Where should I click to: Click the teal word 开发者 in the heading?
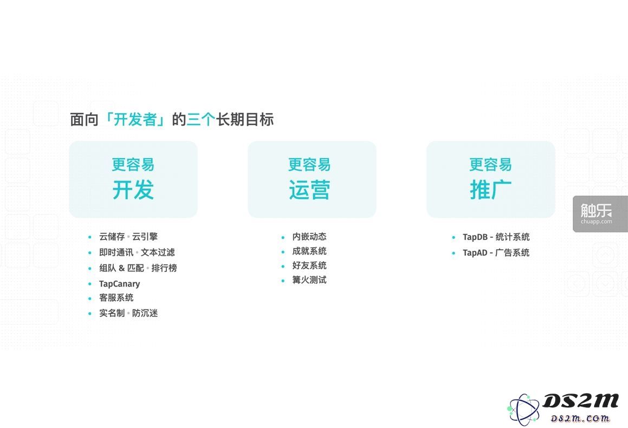(x=135, y=119)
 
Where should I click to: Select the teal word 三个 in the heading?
(x=200, y=119)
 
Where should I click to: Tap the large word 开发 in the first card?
(x=133, y=190)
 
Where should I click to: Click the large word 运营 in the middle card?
(x=309, y=190)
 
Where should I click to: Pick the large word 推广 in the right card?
(x=490, y=190)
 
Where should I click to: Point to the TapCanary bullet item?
(x=119, y=284)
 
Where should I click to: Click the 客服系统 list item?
(x=116, y=297)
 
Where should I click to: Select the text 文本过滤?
(x=158, y=252)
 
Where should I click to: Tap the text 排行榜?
(x=164, y=268)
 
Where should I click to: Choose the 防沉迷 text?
(x=145, y=313)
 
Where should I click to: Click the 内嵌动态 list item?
(x=309, y=237)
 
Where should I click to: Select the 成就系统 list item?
(x=309, y=251)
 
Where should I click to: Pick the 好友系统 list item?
(x=309, y=265)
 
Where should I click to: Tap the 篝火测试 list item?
(x=309, y=280)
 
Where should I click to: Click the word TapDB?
(x=475, y=237)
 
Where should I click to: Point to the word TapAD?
(x=475, y=252)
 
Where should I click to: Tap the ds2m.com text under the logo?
(x=580, y=418)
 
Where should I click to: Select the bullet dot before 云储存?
(x=90, y=237)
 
